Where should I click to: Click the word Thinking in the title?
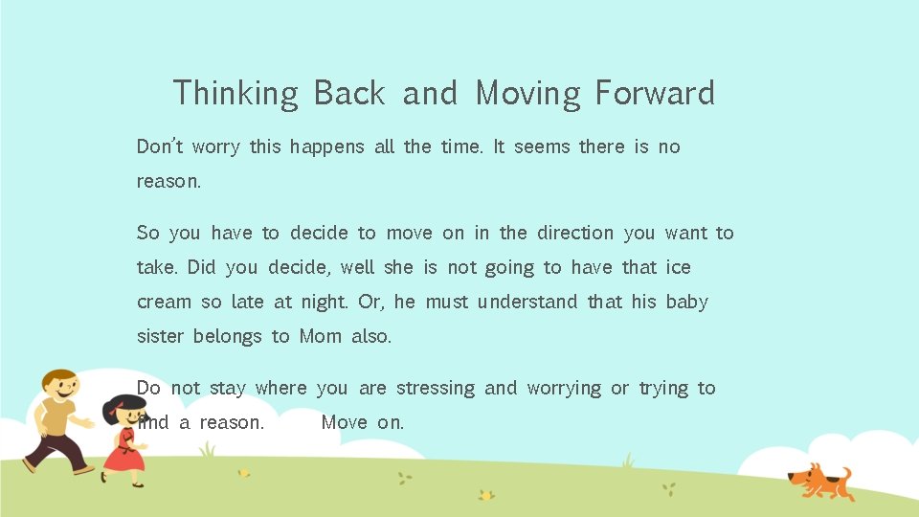[235, 94]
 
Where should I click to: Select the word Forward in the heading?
[655, 94]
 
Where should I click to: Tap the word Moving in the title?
[528, 94]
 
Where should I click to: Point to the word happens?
[327, 147]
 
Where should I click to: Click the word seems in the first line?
[542, 146]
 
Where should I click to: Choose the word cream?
[164, 303]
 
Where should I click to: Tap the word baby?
[686, 303]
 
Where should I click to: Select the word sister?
[159, 337]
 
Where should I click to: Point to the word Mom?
[321, 337]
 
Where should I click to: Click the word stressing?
[436, 389]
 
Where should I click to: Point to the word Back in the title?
[349, 94]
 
